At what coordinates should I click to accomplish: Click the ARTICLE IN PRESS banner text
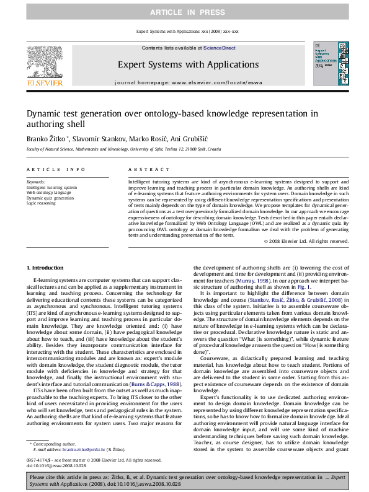[x=184, y=11]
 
